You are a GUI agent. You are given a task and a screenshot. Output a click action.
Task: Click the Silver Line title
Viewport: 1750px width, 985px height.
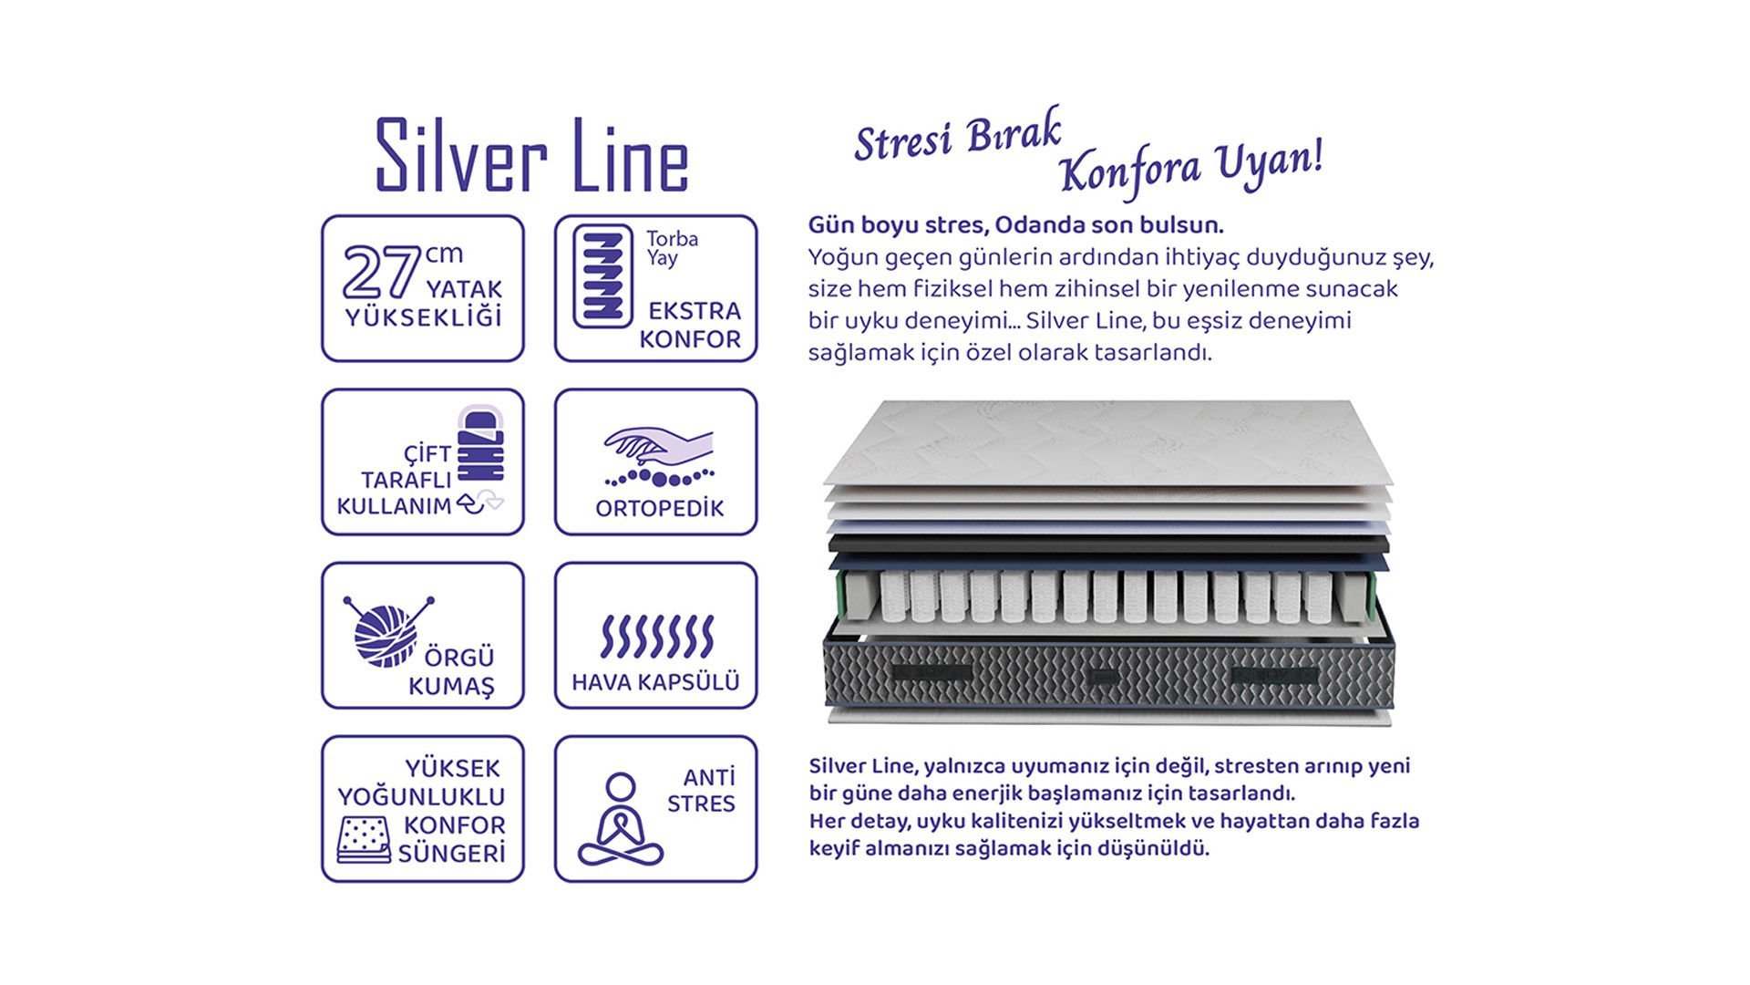pyautogui.click(x=532, y=155)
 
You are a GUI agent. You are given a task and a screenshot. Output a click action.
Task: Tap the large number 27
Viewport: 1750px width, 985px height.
pyautogui.click(x=381, y=272)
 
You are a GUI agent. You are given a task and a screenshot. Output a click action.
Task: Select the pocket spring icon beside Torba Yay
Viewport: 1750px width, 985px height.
pyautogui.click(x=602, y=275)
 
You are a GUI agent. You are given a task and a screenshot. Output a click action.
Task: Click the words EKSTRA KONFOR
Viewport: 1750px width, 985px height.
pyautogui.click(x=690, y=325)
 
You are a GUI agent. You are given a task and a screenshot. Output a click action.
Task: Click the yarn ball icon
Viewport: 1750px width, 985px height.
pyautogui.click(x=387, y=631)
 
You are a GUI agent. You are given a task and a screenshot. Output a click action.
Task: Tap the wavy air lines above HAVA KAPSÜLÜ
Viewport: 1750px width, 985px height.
pyautogui.click(x=656, y=636)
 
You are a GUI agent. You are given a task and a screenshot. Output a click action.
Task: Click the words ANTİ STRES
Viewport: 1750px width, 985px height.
pyautogui.click(x=702, y=791)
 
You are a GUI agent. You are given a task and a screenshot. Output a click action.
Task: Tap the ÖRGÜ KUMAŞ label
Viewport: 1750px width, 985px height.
pyautogui.click(x=451, y=671)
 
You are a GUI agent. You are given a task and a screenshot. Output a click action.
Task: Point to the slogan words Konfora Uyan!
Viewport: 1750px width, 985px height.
pyautogui.click(x=1191, y=169)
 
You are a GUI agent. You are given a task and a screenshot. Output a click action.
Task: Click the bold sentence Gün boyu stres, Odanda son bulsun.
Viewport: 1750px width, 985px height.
pyautogui.click(x=1016, y=225)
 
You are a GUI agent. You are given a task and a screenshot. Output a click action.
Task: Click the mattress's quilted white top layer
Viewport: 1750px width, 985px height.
pyautogui.click(x=1108, y=443)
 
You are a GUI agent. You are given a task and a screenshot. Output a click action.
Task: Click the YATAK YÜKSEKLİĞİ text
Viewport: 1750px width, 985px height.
pyautogui.click(x=424, y=304)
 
